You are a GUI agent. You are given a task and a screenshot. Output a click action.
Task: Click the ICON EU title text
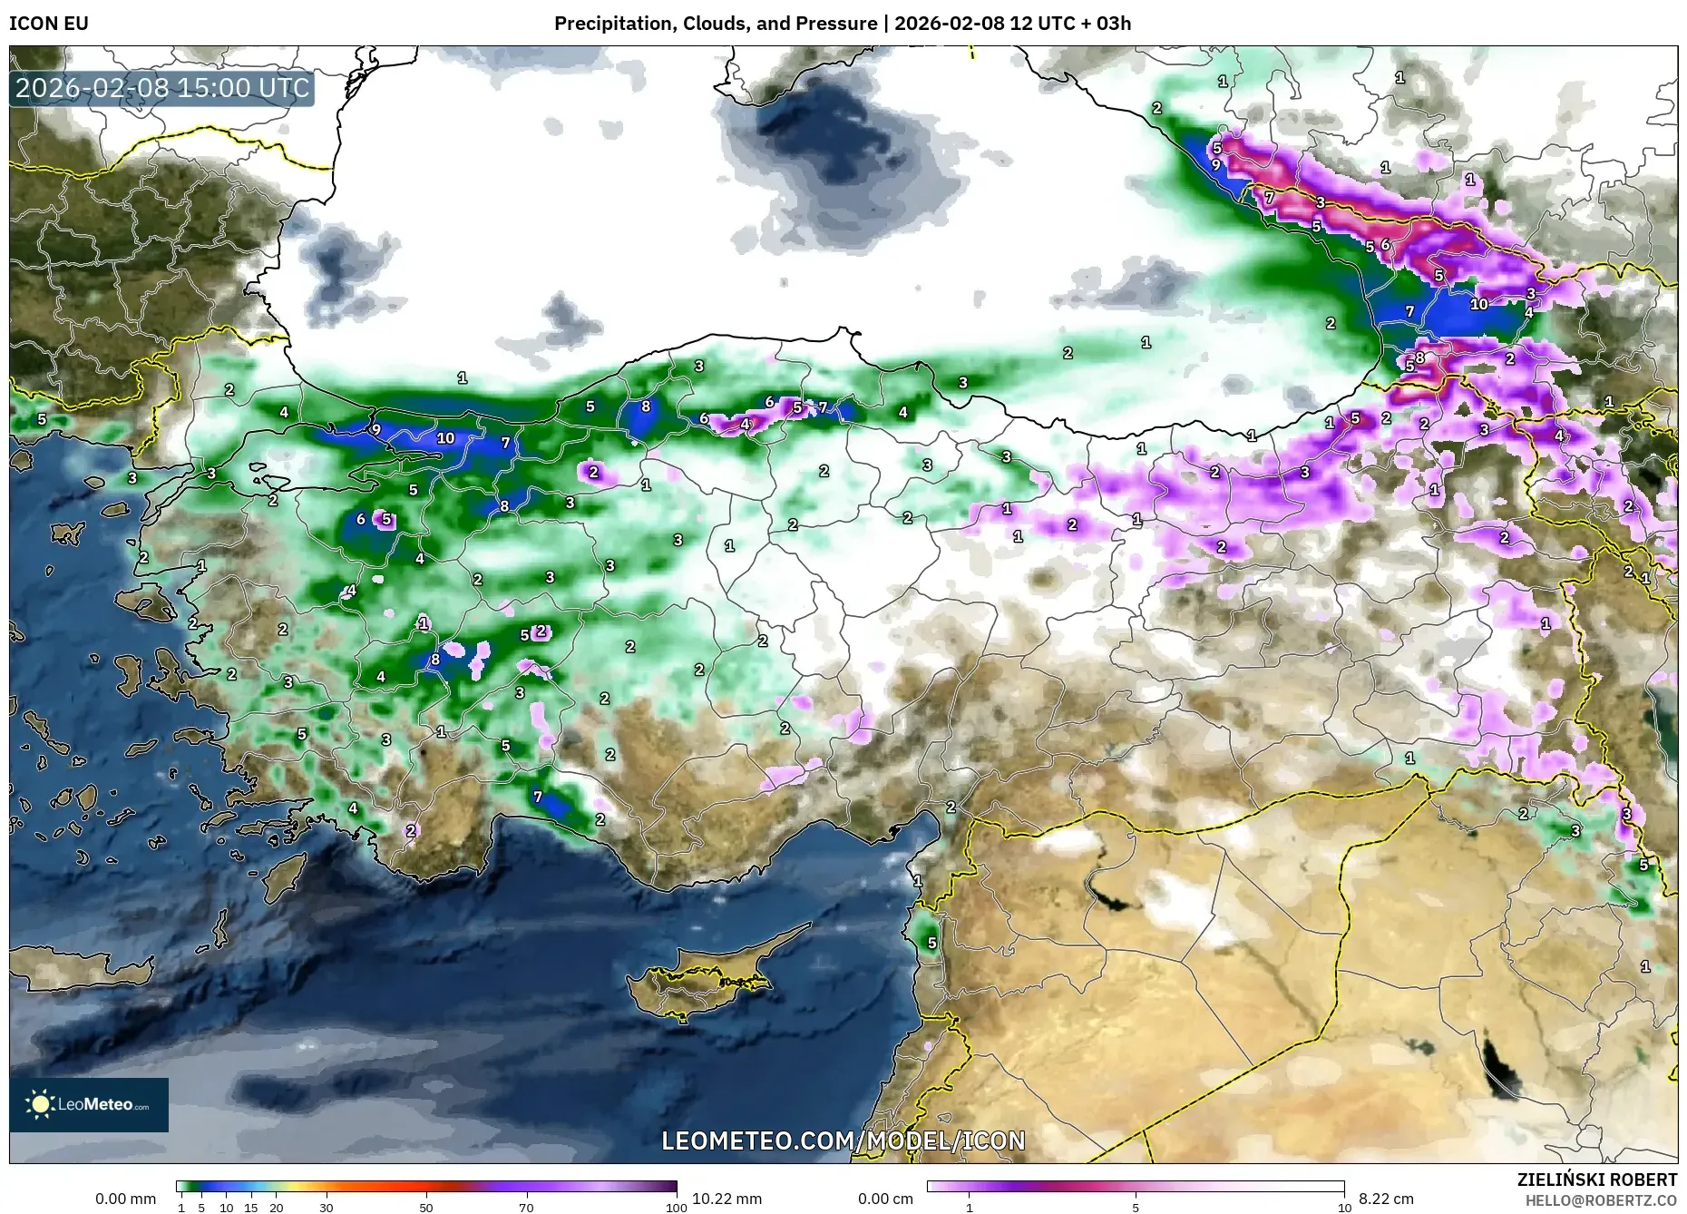coord(49,24)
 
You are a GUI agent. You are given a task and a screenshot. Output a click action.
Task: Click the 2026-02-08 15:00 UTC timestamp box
coord(162,88)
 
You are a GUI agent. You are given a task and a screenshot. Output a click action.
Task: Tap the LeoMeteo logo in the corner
coord(89,1104)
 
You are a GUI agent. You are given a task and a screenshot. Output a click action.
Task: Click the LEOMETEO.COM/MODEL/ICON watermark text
coord(843,1141)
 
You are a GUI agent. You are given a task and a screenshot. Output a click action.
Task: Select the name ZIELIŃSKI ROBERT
coord(1596,1180)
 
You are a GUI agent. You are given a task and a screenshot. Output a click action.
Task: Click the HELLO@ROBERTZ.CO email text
coord(1601,1200)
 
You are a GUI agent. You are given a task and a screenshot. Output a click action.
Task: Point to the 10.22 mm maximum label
coord(726,1199)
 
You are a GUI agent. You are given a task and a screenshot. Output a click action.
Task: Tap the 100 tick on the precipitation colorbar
coord(676,1208)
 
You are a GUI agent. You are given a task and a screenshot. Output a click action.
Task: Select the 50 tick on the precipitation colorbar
coord(426,1208)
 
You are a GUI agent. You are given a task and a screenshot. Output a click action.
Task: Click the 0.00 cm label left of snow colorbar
coord(886,1199)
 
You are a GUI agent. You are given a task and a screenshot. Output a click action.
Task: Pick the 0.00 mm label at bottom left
coord(125,1199)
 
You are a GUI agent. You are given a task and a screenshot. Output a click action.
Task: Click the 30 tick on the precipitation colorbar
coord(327,1208)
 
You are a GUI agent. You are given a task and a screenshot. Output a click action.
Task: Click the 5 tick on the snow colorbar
coord(1136,1208)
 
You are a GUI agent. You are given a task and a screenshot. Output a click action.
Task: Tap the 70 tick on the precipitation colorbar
coord(526,1208)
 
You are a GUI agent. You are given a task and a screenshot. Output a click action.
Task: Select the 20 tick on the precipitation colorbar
coord(277,1208)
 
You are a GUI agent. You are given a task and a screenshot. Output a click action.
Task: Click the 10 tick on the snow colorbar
coord(1344,1208)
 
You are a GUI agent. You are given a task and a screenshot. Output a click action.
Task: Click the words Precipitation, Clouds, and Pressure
coord(716,24)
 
